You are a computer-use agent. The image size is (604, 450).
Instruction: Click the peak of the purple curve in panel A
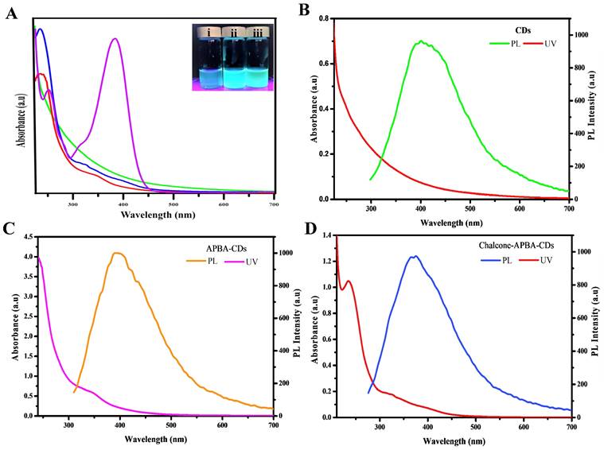click(116, 38)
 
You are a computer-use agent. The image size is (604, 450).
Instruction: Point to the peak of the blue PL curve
click(415, 256)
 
